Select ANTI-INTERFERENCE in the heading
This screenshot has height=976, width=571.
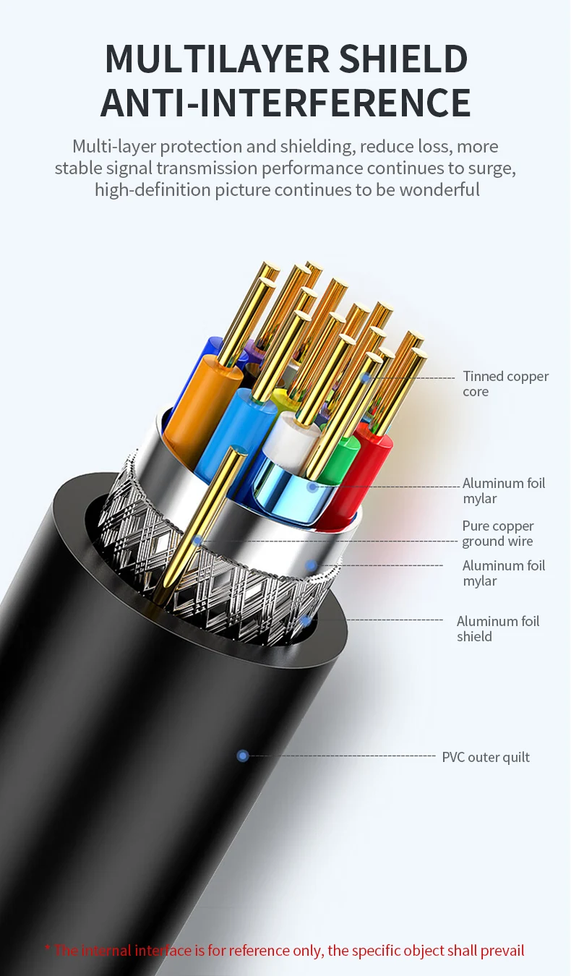coord(285,102)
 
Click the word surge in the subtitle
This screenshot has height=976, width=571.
coord(494,168)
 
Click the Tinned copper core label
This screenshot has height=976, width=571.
coord(505,384)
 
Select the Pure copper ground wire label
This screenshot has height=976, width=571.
coord(497,534)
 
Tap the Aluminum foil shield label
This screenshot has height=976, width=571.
coord(497,628)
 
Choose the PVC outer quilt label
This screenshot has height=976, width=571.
coord(486,757)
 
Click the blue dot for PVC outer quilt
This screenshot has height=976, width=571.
coord(243,755)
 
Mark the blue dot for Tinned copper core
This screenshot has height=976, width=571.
coord(366,377)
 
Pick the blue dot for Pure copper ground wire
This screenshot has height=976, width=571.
coord(197,540)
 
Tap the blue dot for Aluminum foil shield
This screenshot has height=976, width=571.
coord(306,620)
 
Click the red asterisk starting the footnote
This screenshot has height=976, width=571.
coord(48,950)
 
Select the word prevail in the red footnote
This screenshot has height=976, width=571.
coord(502,951)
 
